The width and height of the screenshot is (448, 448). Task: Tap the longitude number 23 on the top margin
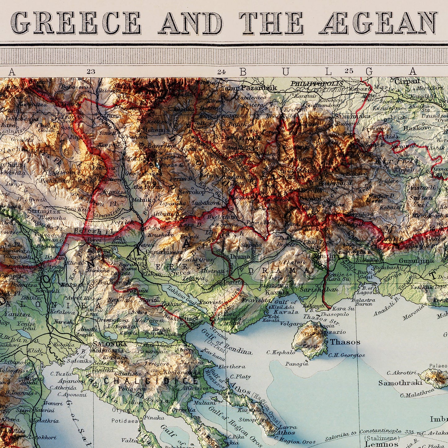[91, 72]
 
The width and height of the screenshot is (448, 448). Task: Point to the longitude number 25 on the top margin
[349, 71]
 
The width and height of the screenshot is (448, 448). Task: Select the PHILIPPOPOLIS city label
[317, 83]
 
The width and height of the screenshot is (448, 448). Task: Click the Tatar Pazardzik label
[249, 88]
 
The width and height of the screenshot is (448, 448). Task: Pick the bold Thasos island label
[345, 342]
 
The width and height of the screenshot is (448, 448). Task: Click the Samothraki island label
[400, 383]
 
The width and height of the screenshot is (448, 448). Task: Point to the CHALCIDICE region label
[150, 381]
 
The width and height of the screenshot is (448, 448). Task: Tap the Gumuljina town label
[416, 261]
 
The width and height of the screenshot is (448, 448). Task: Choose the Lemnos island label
[381, 444]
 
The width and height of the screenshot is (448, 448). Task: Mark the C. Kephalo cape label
[281, 353]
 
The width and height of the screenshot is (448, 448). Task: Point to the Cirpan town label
[407, 82]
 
